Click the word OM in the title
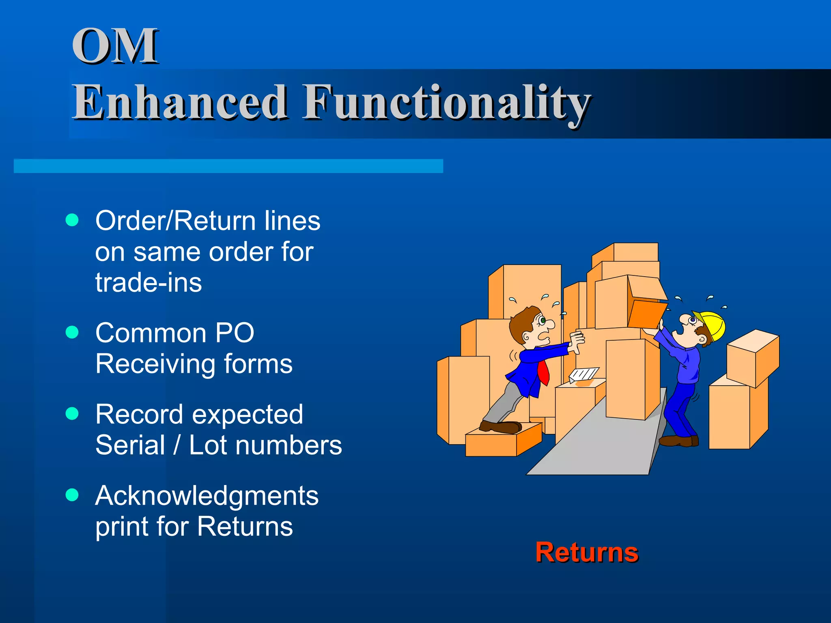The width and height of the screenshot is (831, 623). click(x=115, y=45)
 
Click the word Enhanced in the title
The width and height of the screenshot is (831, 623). click(x=180, y=102)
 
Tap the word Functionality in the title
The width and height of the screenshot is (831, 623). click(x=446, y=102)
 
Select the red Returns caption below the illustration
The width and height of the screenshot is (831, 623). click(x=586, y=552)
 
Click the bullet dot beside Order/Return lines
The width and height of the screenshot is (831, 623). click(x=72, y=220)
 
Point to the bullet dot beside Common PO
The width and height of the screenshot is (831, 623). click(x=72, y=332)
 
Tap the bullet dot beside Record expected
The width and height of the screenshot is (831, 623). click(x=72, y=413)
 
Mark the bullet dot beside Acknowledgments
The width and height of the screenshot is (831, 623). click(x=72, y=495)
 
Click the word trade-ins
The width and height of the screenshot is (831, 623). click(x=148, y=283)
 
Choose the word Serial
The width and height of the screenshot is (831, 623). click(x=130, y=445)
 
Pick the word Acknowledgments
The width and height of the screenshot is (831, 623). click(x=207, y=496)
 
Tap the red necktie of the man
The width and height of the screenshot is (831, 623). click(x=544, y=372)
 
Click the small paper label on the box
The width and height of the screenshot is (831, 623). click(x=583, y=374)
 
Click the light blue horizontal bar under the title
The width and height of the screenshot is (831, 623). click(x=228, y=166)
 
